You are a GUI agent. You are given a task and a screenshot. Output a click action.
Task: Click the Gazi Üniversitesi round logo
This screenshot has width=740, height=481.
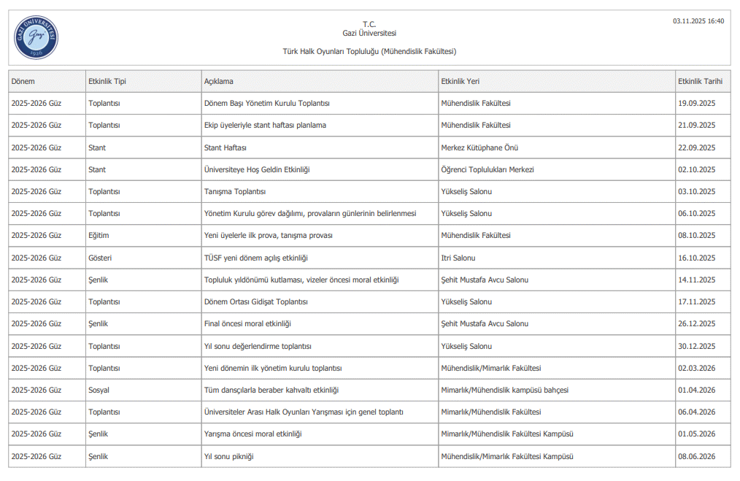point(36,37)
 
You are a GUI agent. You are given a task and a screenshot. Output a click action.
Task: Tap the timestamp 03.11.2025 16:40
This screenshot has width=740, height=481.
point(698,21)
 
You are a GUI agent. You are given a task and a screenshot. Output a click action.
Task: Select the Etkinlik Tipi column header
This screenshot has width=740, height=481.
point(107,81)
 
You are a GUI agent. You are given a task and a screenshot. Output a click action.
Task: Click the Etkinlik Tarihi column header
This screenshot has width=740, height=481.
point(700,81)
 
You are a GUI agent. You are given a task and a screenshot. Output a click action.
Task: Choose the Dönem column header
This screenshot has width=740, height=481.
point(23,81)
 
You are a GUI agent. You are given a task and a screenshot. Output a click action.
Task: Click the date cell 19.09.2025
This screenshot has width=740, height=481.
point(697,103)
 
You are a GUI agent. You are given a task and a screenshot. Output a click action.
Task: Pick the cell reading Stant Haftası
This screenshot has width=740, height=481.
point(226,147)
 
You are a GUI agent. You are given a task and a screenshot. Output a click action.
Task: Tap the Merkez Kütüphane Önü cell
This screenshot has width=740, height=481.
point(479,147)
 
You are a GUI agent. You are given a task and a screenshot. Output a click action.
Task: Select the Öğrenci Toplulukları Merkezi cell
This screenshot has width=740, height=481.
point(487,169)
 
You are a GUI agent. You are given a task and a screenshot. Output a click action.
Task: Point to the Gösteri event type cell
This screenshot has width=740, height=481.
point(100,258)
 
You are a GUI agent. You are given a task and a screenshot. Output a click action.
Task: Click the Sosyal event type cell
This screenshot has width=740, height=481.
point(99,390)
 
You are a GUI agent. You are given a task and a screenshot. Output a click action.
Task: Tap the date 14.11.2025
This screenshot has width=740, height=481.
point(697,280)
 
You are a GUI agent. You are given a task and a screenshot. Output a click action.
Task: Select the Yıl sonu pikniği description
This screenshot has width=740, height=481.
point(229,456)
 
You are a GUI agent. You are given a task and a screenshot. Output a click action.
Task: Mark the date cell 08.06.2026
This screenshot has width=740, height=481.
point(697,456)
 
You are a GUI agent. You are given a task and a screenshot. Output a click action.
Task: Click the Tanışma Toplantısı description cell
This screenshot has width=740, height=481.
point(235,191)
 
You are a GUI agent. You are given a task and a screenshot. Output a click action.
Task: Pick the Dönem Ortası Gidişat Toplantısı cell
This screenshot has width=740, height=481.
point(256,301)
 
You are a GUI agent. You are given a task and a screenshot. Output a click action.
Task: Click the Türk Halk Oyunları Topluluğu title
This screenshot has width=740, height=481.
point(369,51)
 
